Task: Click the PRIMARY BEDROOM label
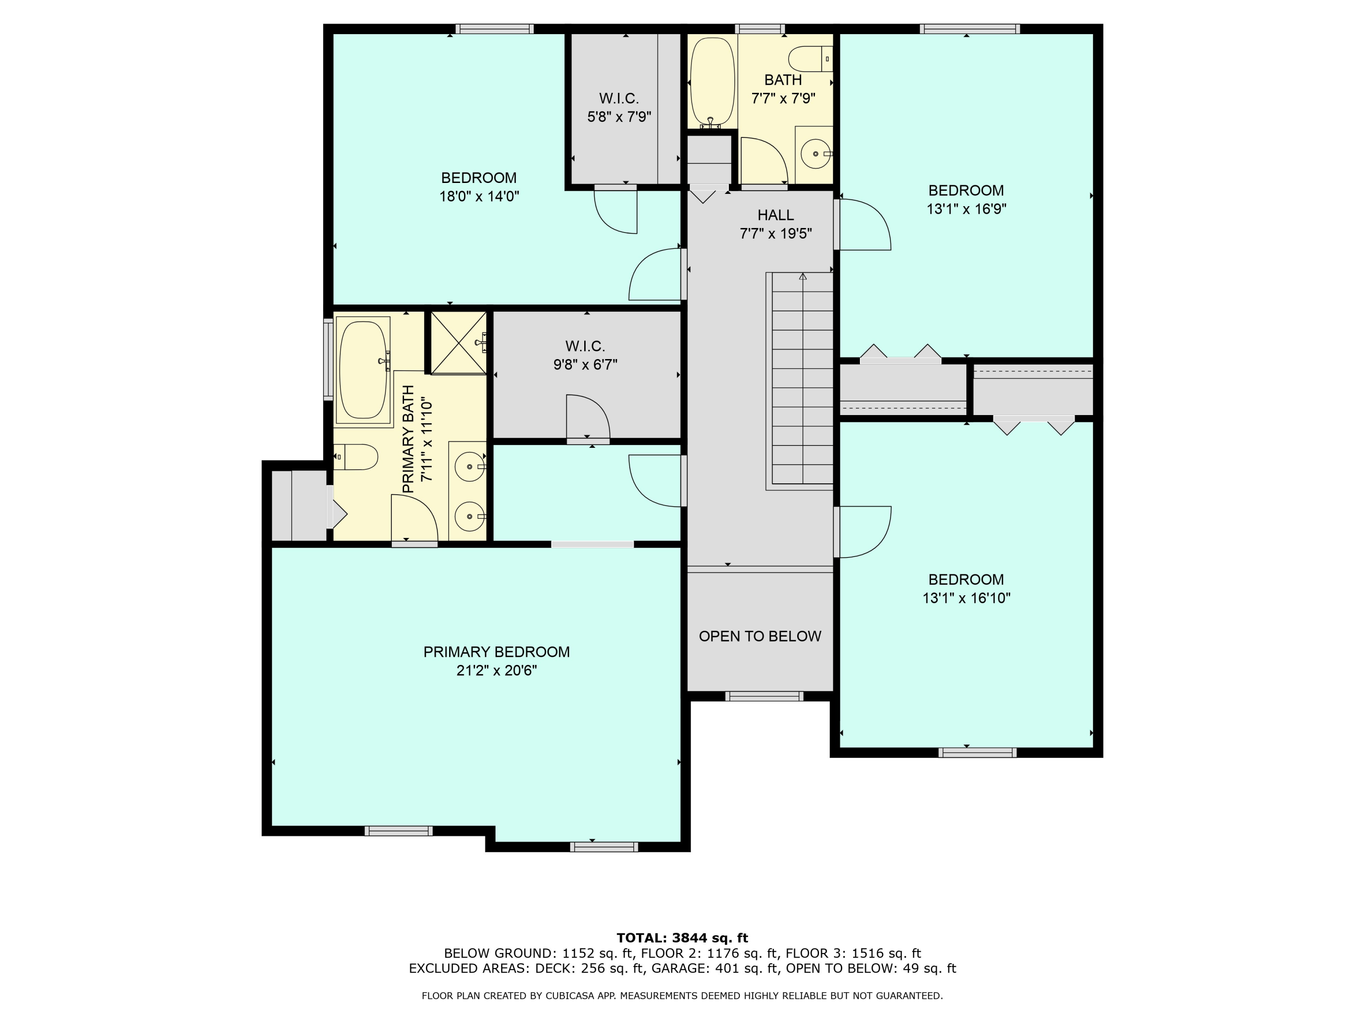click(496, 652)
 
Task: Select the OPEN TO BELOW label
click(760, 636)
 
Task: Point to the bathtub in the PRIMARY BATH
click(364, 370)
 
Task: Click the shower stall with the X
click(458, 343)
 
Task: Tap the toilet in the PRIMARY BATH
click(357, 457)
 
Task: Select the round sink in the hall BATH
click(816, 154)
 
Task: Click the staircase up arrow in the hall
click(802, 277)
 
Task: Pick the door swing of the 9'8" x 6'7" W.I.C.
click(588, 416)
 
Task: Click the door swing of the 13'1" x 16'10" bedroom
click(863, 532)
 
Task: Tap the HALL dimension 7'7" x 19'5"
click(775, 234)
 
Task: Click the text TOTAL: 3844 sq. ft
click(682, 938)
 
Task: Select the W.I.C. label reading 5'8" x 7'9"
click(619, 117)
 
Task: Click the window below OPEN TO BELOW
click(764, 696)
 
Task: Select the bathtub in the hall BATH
click(712, 83)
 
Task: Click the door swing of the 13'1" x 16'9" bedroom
click(863, 225)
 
